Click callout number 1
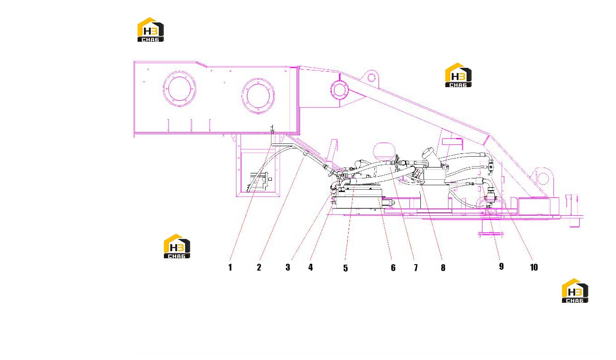(230, 267)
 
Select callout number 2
(259, 267)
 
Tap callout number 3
(288, 267)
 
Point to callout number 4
(310, 267)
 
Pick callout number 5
(345, 268)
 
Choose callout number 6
(393, 267)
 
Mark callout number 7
(416, 267)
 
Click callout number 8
(443, 267)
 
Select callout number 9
(501, 266)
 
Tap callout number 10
(534, 267)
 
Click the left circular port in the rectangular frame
(179, 89)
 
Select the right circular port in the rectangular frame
(258, 96)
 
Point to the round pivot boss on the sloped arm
(340, 89)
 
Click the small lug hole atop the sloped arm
(371, 78)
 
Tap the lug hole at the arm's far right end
(542, 178)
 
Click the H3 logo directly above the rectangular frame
(150, 30)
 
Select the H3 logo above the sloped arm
(458, 75)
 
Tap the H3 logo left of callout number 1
(177, 246)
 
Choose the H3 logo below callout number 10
(575, 291)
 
